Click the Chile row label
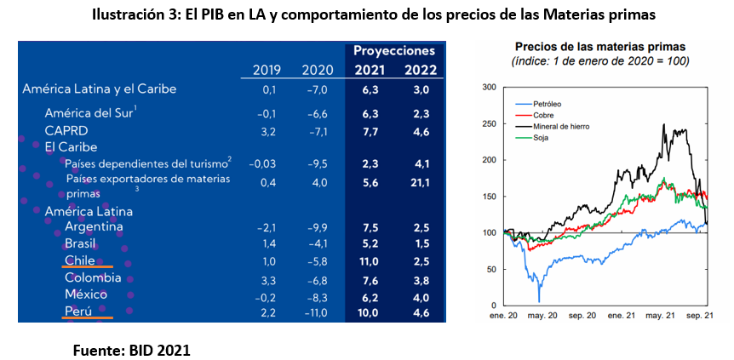[x=79, y=260]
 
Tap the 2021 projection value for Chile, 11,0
[x=369, y=260]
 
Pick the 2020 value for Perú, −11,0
[x=317, y=312]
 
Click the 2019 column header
[x=267, y=70]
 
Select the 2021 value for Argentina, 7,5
[x=370, y=227]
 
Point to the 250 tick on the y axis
[x=487, y=123]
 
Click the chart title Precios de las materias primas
[x=600, y=46]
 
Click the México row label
[x=86, y=294]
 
